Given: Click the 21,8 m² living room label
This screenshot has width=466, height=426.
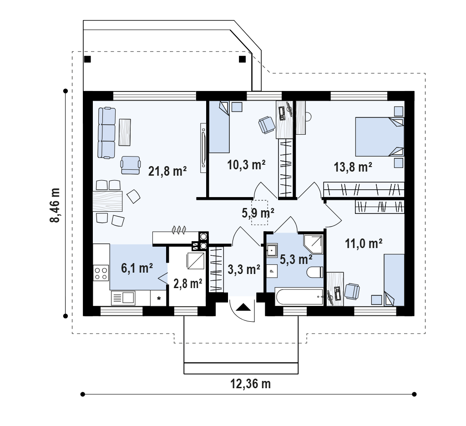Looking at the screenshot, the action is click(167, 171).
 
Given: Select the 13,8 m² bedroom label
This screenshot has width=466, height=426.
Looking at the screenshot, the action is click(353, 167).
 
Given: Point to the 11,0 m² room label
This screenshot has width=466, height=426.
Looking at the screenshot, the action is click(364, 243).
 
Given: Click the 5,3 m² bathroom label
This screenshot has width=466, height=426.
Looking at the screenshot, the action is click(296, 259).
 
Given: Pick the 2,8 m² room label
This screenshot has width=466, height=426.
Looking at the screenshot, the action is click(188, 284).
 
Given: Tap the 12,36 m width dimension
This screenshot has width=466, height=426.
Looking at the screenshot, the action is click(251, 384).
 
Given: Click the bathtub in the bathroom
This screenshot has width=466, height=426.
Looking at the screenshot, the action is click(299, 296).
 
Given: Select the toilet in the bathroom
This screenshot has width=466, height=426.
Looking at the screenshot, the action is click(314, 272).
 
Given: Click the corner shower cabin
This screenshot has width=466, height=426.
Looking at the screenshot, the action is click(313, 244).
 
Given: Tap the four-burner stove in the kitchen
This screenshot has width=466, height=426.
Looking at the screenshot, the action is click(101, 273).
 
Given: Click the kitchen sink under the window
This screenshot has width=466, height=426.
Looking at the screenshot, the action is click(123, 298).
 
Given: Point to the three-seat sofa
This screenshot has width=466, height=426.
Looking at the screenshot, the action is click(106, 132).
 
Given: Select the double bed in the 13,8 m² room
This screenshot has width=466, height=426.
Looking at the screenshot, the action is click(380, 137).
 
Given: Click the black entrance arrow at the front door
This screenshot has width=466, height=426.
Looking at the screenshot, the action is click(243, 306).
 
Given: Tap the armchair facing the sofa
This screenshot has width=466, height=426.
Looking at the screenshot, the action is click(131, 165).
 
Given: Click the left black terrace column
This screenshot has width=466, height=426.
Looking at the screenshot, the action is click(87, 59).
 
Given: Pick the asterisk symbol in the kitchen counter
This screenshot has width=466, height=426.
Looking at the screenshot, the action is click(159, 299).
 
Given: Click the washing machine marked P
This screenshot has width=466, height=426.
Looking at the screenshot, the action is click(272, 271).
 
